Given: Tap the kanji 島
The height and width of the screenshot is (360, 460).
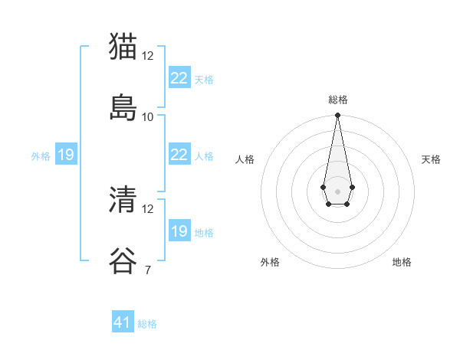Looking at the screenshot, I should tap(123, 106).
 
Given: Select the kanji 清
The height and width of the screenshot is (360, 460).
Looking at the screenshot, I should tap(123, 199).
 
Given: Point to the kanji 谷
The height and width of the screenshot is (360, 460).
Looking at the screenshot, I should tap(123, 260).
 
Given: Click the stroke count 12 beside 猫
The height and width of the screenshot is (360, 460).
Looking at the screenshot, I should tap(148, 56).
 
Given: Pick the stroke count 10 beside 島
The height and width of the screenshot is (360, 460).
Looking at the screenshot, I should tap(148, 117).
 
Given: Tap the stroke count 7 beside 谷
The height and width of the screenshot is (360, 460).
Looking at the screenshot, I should tap(147, 270).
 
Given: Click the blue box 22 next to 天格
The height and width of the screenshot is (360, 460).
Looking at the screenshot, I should tap(179, 78).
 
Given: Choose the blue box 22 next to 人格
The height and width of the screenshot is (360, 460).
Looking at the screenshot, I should tap(179, 155).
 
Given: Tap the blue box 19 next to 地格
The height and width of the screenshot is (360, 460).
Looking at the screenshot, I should tap(179, 231).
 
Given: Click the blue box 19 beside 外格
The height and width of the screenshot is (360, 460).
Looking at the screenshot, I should tap(65, 155).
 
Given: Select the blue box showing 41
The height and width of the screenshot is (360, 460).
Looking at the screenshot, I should tap(123, 322).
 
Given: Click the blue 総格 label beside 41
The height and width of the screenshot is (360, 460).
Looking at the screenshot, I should tap(147, 324).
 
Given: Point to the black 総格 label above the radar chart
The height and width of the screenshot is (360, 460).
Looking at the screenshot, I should tap(337, 100).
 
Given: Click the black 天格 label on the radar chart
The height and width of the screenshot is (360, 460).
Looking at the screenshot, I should tap(431, 159).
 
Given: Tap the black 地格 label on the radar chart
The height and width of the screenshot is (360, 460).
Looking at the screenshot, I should tap(402, 263).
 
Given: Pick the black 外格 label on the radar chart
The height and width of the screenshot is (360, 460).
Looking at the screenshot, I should tap(270, 263).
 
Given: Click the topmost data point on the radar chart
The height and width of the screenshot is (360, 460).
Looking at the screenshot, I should tap(337, 116).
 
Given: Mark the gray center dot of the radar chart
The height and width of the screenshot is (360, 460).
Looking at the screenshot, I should tap(337, 191).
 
